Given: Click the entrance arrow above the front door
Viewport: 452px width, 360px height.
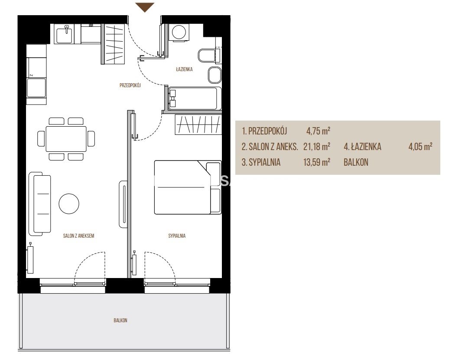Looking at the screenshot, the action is click(145, 7).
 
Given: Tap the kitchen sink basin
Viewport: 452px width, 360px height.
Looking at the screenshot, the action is click(64, 34).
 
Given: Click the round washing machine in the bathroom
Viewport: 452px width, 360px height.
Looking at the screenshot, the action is click(179, 32).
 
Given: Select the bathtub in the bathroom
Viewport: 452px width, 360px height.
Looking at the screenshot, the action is click(193, 98).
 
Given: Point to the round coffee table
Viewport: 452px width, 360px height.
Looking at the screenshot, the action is click(69, 203).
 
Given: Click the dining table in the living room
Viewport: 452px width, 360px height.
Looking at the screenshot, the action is click(66, 139).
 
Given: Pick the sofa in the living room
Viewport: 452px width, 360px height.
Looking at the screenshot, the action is click(39, 204).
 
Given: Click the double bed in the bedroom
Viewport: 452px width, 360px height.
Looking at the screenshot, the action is click(188, 187).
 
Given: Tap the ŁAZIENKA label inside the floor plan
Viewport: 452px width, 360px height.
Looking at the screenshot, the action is click(184, 69).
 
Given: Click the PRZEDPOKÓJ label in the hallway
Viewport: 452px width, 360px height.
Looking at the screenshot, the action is click(130, 85).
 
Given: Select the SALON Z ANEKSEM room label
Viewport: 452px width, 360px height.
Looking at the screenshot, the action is click(79, 236).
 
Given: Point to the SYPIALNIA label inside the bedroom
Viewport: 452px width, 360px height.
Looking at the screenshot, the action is click(177, 236).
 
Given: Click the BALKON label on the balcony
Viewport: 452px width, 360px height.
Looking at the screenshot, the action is click(120, 320).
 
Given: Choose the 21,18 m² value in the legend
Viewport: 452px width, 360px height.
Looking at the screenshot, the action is click(316, 147).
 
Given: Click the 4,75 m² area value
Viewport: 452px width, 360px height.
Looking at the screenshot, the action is click(318, 131).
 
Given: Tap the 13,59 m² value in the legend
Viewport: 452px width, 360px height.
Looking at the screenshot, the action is click(316, 162).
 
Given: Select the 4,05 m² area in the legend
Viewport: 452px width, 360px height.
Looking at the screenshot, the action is click(420, 147).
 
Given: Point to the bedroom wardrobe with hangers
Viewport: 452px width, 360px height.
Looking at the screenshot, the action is click(198, 124).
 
